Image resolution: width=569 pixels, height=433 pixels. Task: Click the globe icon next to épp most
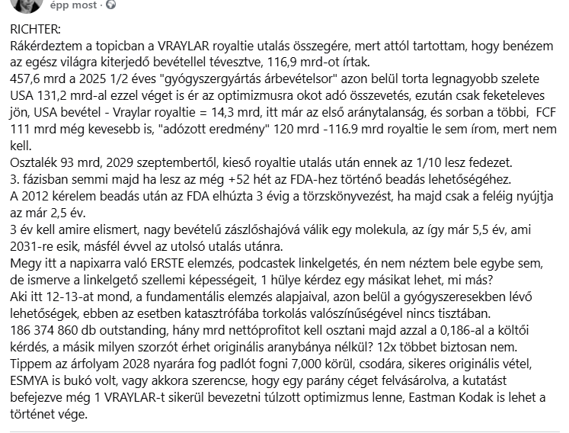click(111, 5)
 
